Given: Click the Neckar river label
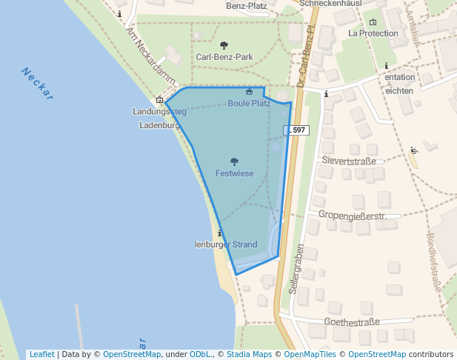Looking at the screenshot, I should click(38, 83).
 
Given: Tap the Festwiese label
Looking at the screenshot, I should click(234, 173).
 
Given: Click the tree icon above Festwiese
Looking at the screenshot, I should click(234, 161).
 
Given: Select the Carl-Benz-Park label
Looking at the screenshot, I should click(224, 56).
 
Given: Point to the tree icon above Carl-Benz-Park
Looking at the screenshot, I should click(224, 45).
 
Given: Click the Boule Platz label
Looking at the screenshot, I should click(249, 103).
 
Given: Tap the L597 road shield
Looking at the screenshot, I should click(296, 130).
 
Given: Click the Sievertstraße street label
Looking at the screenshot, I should click(349, 161).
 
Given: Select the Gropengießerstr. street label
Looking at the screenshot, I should click(353, 216).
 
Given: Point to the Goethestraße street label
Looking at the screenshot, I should click(351, 321).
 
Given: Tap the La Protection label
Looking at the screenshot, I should click(373, 33).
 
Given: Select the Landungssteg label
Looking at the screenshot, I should click(159, 112).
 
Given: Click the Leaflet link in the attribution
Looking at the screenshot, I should click(41, 354).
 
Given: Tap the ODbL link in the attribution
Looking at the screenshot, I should click(201, 354).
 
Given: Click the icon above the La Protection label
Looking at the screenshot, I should click(373, 22).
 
